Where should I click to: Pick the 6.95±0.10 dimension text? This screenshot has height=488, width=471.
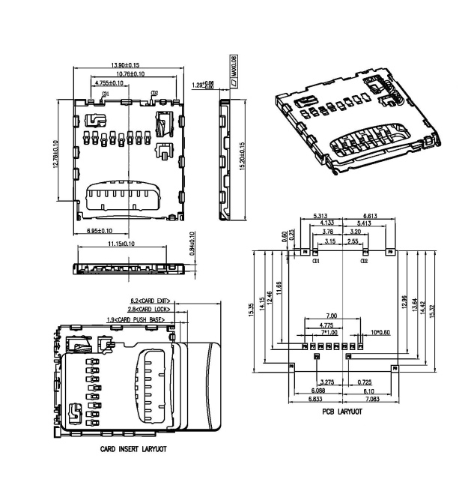click(103, 231)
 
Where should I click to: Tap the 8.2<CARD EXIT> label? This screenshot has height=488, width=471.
click(151, 301)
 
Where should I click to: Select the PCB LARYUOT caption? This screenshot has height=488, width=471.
click(343, 412)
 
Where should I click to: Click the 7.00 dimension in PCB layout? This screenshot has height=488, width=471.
click(332, 316)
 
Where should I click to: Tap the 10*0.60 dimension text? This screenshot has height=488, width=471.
click(381, 331)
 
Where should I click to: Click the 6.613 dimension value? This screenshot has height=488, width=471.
click(365, 215)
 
